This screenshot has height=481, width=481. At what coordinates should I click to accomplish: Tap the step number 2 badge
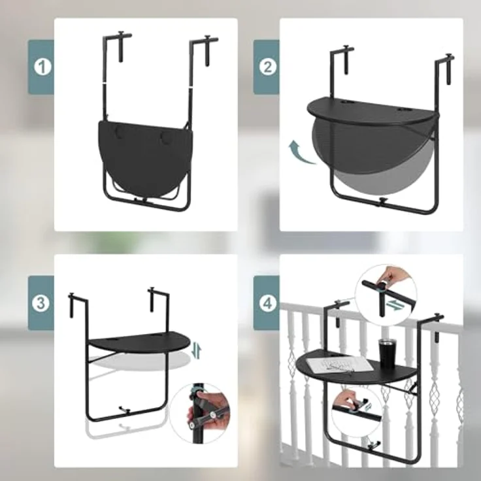[x=267, y=67]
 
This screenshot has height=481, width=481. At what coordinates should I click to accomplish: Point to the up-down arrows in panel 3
[x=197, y=352]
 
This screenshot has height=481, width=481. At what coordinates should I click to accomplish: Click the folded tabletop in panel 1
[x=145, y=156]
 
